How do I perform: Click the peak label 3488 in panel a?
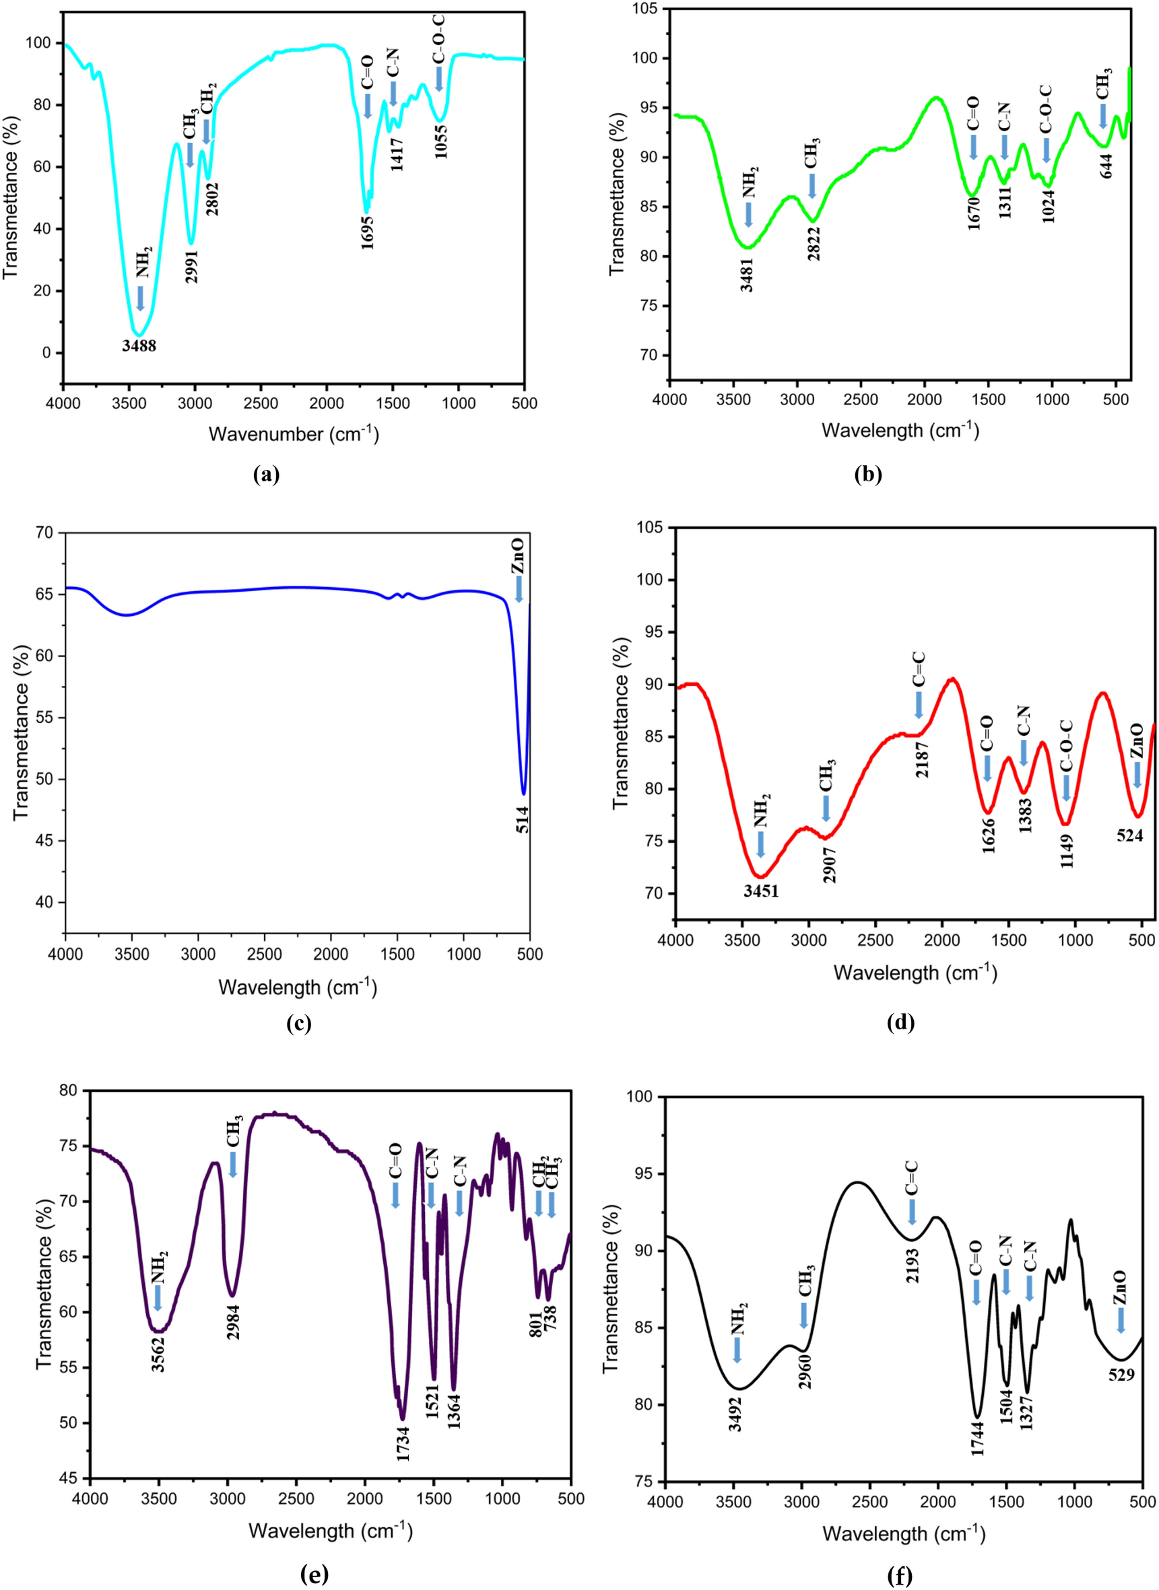click(139, 346)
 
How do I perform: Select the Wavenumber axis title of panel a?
click(293, 434)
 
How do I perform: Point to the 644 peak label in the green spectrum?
click(1106, 164)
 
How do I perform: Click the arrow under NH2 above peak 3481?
click(749, 215)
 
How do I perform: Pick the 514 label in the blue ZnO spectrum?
click(523, 820)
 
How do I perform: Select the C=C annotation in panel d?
click(919, 670)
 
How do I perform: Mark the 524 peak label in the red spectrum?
click(1130, 835)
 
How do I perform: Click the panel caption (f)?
click(901, 1577)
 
